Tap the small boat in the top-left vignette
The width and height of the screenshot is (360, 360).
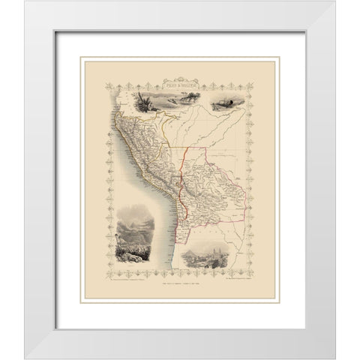160,109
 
